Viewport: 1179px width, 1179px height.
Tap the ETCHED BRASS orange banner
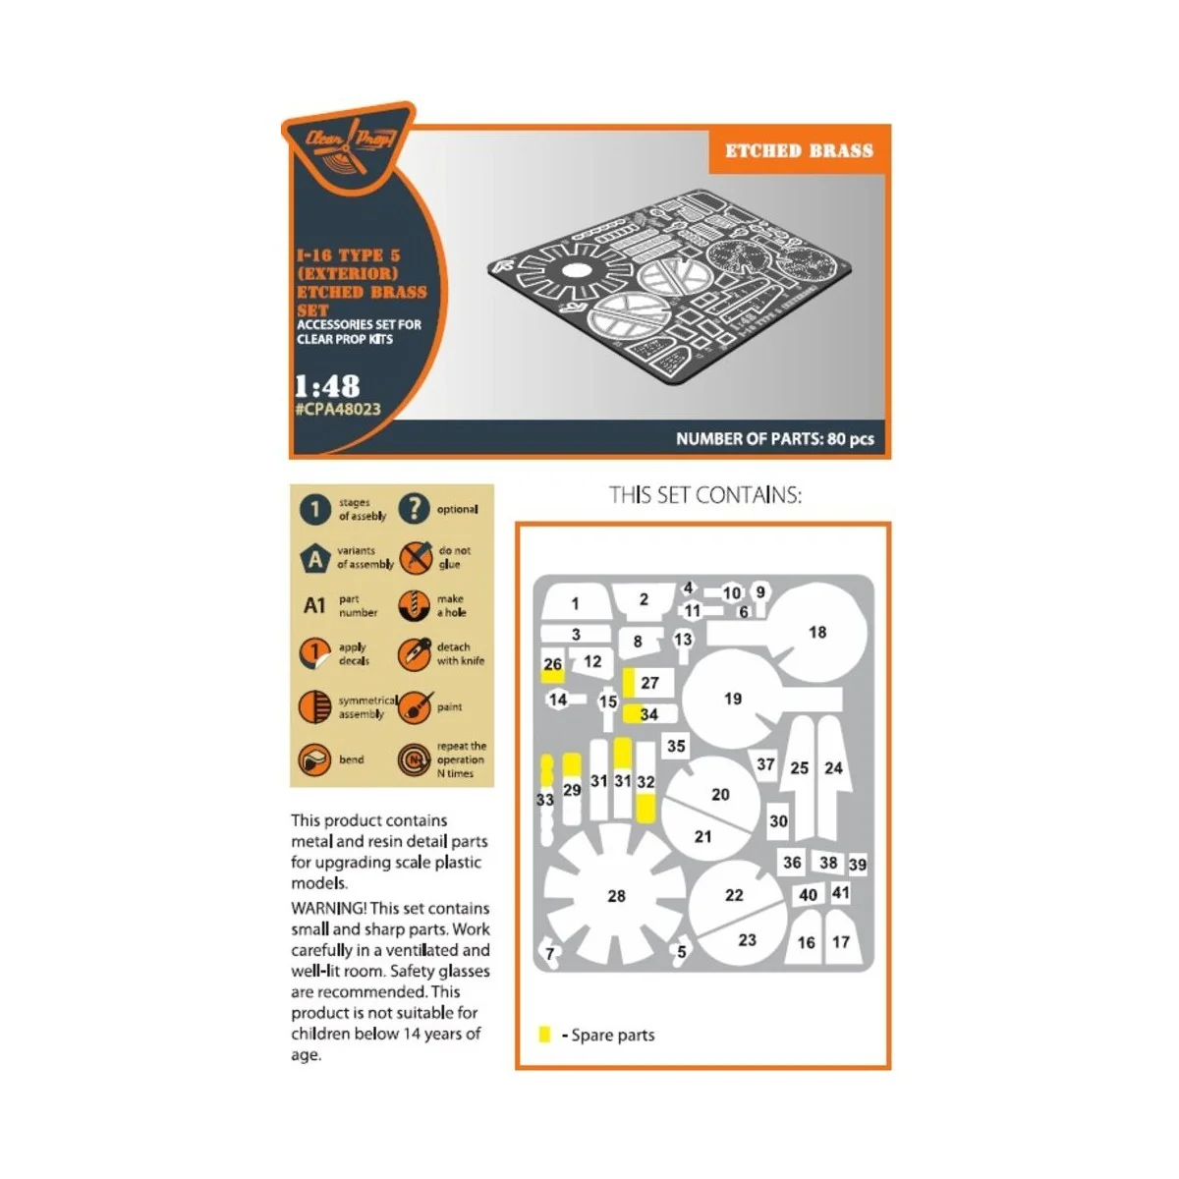tap(799, 151)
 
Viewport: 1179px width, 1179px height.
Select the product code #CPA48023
tap(337, 409)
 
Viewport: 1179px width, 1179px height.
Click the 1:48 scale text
tap(327, 385)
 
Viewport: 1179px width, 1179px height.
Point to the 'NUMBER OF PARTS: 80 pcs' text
tap(774, 439)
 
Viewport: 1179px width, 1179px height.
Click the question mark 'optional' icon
tap(414, 509)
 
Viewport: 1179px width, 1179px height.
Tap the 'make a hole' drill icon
tap(415, 605)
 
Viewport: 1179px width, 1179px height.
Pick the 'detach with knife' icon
tap(414, 654)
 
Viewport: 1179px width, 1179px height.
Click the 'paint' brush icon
tap(415, 707)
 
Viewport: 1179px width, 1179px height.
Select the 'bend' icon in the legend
tap(314, 759)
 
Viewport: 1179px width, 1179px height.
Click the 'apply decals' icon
tap(314, 654)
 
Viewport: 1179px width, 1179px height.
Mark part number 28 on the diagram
tap(616, 896)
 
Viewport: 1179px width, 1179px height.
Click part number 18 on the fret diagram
tap(817, 632)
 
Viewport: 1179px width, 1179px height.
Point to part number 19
tap(732, 699)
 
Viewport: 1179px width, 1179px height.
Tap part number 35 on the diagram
tap(676, 746)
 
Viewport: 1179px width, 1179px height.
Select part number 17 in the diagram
tap(841, 942)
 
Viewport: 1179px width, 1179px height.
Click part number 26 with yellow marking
tap(553, 665)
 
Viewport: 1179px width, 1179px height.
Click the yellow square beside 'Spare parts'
tap(545, 1035)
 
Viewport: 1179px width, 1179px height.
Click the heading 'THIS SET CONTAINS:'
tap(704, 495)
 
